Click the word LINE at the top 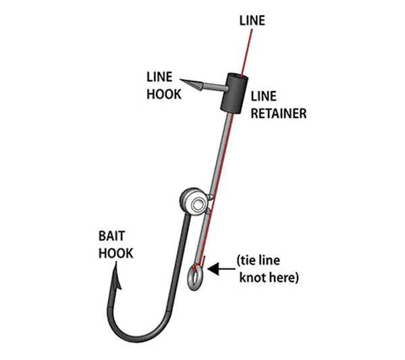click(252, 21)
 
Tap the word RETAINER click(278, 113)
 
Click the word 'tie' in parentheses click(252, 261)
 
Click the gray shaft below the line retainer click(221, 155)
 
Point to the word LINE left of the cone click(159, 78)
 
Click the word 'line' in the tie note click(279, 261)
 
